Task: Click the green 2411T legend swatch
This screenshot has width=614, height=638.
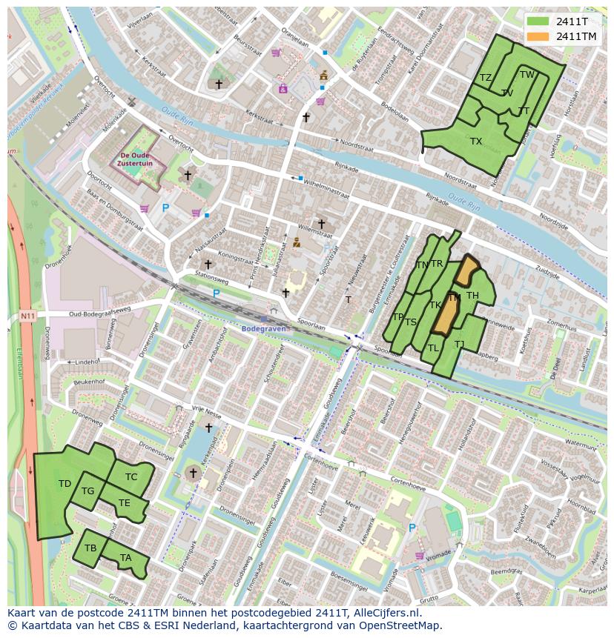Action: point(538,21)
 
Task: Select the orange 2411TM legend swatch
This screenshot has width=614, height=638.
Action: point(538,36)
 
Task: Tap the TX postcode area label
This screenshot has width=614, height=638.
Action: point(476,142)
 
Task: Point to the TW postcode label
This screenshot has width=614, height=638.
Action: point(526,75)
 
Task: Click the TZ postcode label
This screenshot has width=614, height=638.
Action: point(486,78)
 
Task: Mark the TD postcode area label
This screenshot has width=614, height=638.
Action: point(65,484)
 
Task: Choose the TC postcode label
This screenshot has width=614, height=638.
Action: point(131,477)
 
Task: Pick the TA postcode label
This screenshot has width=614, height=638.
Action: point(125,558)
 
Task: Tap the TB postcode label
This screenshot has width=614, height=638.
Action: point(90,548)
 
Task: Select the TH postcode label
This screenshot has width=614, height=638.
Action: point(472,296)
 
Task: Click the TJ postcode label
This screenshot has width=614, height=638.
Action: point(460,345)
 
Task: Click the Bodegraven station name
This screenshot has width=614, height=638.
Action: point(263,328)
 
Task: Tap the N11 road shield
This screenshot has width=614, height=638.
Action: point(27,316)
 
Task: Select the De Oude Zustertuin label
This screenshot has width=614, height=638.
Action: point(136,159)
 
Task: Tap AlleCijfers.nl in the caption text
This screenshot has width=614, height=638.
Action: point(385,613)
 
